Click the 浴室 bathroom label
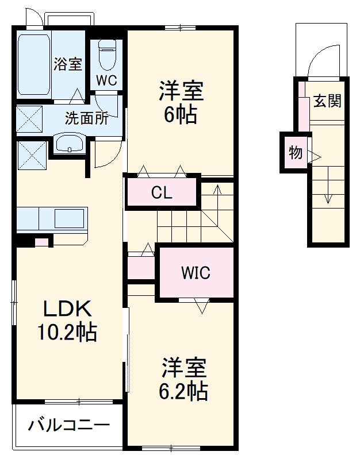pyautogui.click(x=68, y=64)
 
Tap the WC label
pyautogui.click(x=106, y=80)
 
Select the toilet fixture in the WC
pyautogui.click(x=107, y=54)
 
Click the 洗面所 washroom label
pyautogui.click(x=86, y=118)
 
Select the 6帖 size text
pyautogui.click(x=181, y=115)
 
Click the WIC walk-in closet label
pyautogui.click(x=196, y=273)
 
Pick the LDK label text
pyautogui.click(x=68, y=310)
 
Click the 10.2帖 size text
pyautogui.click(x=68, y=332)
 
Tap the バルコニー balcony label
pyautogui.click(x=68, y=426)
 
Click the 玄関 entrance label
pyautogui.click(x=327, y=101)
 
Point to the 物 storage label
pyautogui.click(x=295, y=153)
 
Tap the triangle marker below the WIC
pyautogui.click(x=202, y=307)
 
